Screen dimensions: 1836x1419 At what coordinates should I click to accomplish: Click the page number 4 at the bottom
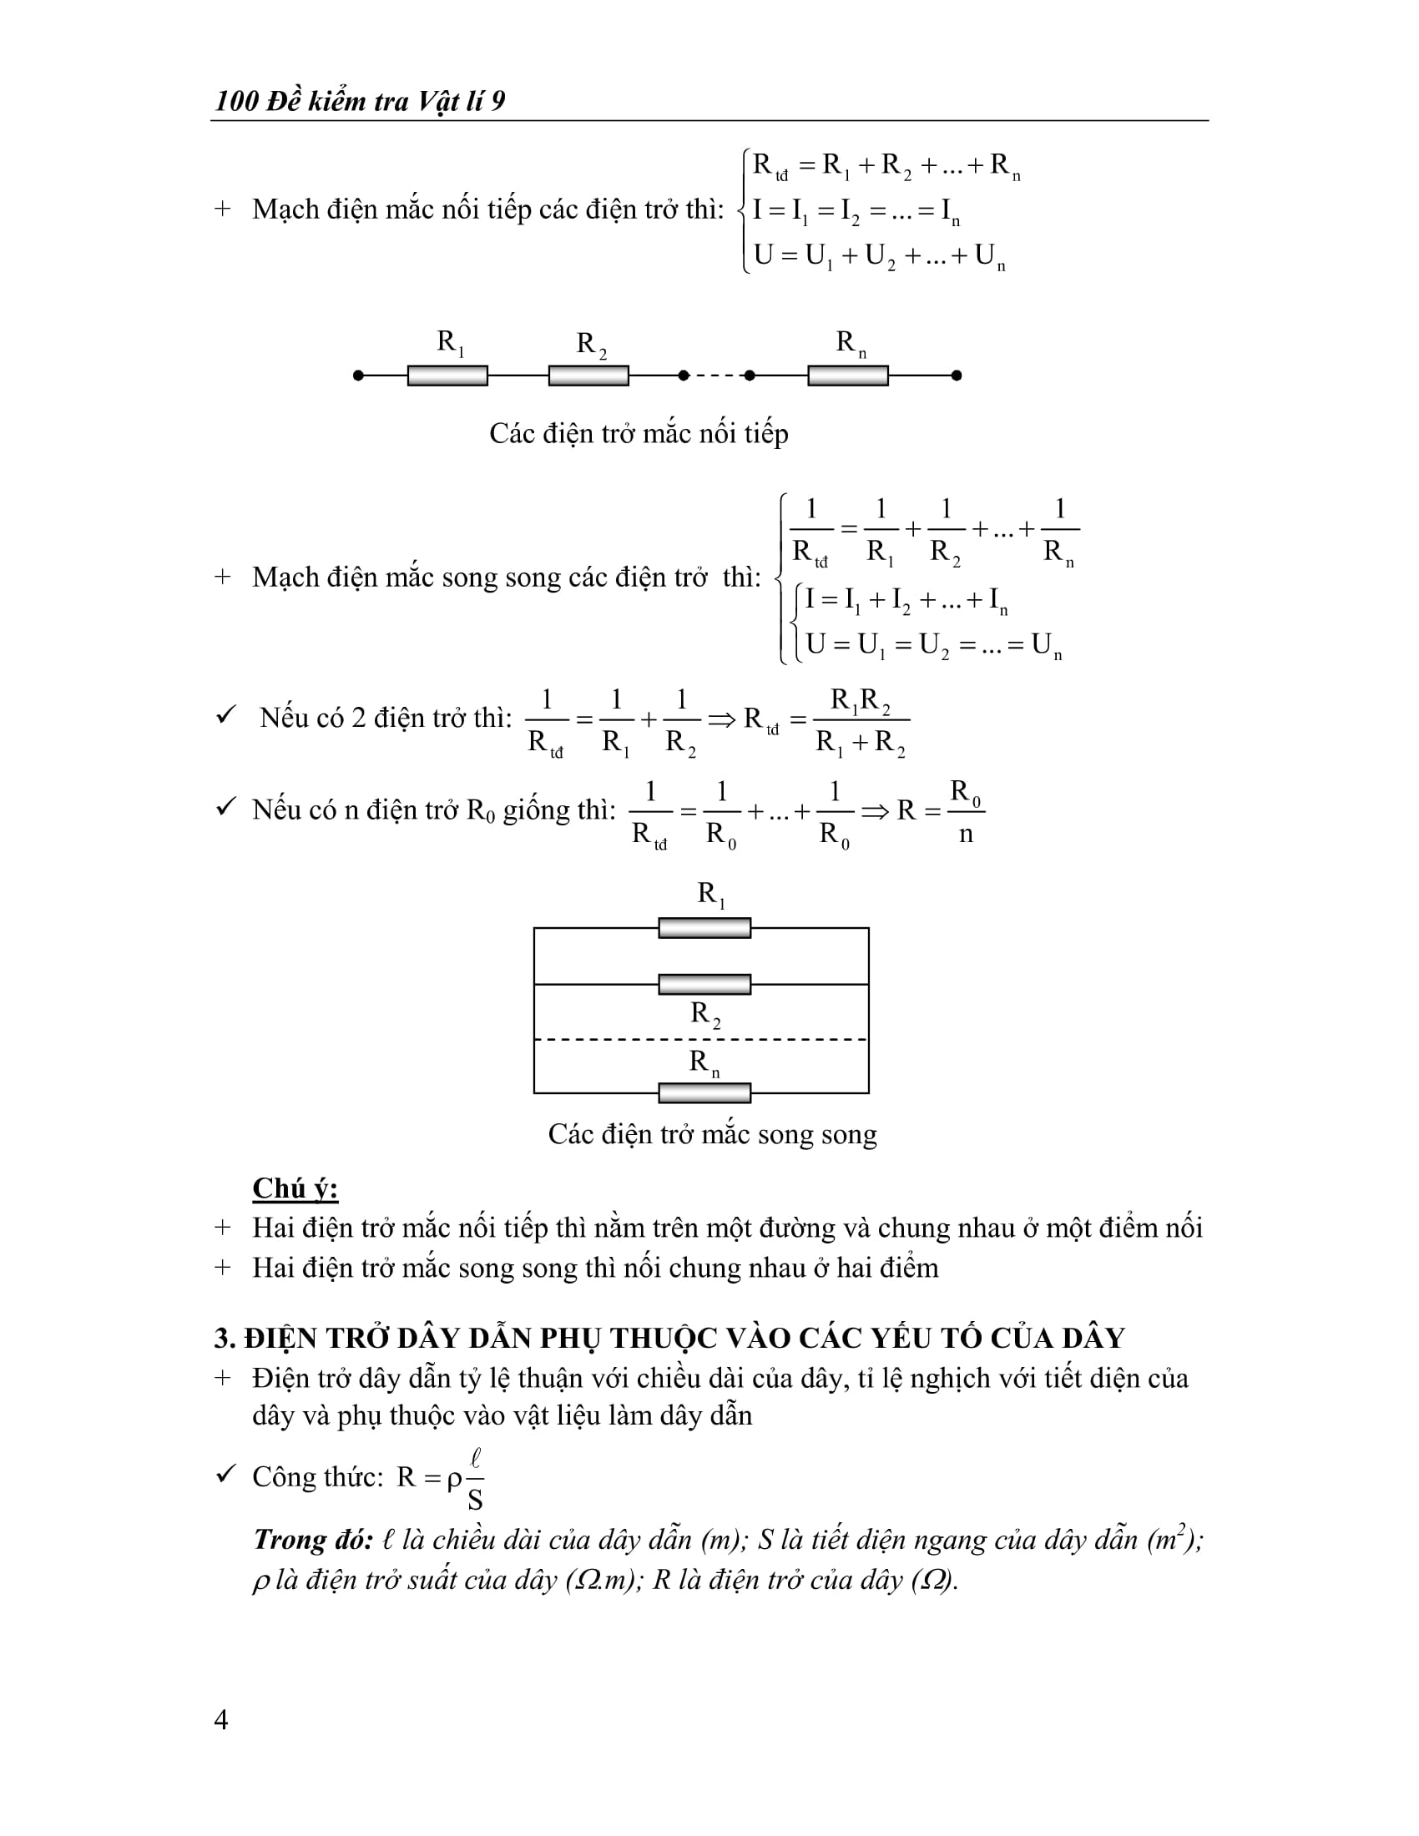[221, 1719]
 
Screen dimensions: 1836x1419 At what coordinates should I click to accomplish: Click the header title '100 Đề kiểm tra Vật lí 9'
[360, 102]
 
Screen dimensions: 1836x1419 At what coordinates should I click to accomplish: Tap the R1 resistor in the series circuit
[447, 376]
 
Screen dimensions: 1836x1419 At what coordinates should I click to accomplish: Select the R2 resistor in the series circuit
[588, 376]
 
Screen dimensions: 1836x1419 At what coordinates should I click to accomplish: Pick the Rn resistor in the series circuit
[847, 376]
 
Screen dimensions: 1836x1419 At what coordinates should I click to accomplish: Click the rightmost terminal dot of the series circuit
[956, 376]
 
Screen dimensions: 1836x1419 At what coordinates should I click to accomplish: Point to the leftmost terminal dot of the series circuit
[359, 376]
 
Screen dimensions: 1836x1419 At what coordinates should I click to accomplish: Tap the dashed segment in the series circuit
[716, 376]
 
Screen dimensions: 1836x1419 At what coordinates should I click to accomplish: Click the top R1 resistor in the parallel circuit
[704, 928]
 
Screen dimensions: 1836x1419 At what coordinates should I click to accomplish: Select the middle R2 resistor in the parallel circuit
[704, 984]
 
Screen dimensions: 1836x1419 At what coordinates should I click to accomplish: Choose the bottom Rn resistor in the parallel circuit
[704, 1093]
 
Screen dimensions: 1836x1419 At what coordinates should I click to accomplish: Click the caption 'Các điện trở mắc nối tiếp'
[639, 434]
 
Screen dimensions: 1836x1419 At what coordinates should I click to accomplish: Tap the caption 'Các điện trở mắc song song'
[712, 1134]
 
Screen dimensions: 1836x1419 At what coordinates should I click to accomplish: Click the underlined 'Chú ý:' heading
[295, 1188]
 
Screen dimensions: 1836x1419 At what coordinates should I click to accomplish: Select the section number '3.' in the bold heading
[225, 1339]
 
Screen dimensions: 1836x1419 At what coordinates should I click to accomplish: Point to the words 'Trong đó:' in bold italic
[313, 1540]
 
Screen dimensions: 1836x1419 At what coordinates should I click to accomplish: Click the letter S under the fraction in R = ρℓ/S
[475, 1501]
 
